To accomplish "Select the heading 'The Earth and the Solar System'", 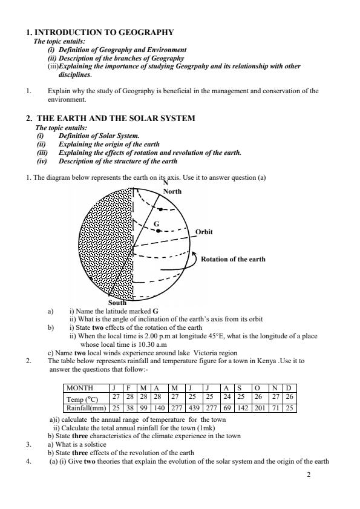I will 116,118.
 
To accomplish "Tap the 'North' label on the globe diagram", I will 172,191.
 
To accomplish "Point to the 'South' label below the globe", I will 117,302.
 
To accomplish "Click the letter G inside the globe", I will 156,223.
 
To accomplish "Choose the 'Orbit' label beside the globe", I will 204,232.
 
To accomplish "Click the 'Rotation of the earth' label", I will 233,259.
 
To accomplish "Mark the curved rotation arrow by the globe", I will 195,260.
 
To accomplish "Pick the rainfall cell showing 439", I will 195,408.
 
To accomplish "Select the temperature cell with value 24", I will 226,398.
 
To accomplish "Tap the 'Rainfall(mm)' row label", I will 85,408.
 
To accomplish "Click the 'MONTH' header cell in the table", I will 81,387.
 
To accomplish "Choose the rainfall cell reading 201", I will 258,408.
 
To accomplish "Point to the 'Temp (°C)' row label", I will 82,398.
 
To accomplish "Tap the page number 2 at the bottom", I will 309,475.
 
